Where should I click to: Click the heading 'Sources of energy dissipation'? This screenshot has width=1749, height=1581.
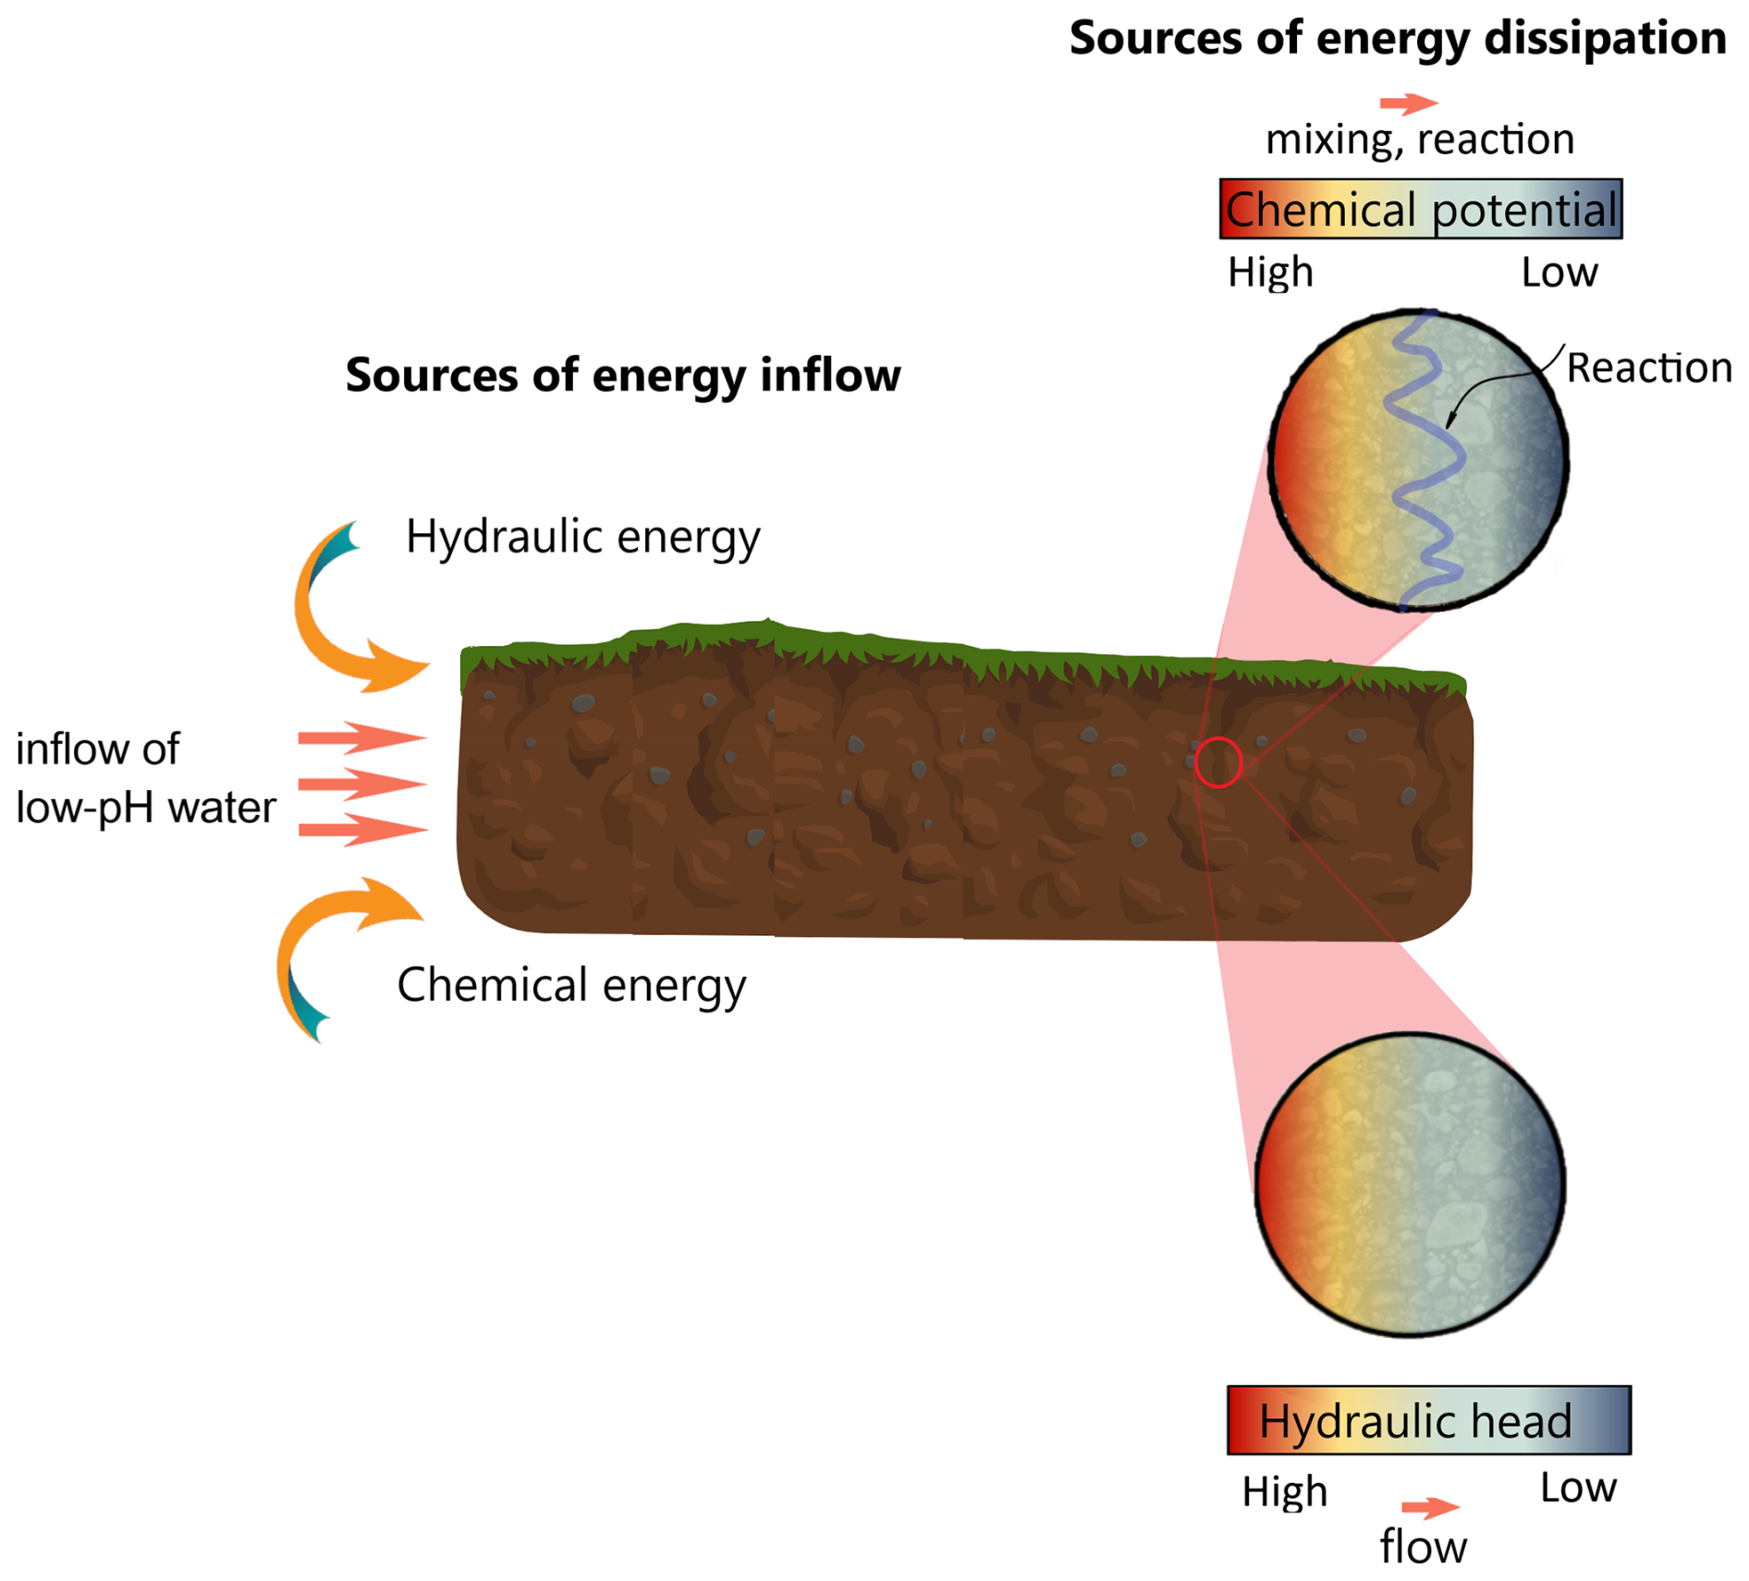1396,39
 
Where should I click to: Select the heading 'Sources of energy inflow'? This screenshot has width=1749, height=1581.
622,375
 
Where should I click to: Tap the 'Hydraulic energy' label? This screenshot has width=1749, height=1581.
582,536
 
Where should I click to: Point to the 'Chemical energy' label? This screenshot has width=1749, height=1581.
571,985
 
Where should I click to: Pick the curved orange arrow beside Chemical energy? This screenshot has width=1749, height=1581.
324,943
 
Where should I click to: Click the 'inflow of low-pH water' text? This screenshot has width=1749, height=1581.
145,778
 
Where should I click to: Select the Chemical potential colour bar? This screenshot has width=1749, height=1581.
1420,209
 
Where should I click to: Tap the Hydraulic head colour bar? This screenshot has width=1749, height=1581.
1428,1420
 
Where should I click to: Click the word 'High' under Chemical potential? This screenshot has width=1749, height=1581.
1270,273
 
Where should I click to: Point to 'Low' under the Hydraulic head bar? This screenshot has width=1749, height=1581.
1577,1488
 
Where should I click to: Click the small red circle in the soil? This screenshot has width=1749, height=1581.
1217,762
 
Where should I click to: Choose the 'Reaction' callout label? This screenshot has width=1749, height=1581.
1648,368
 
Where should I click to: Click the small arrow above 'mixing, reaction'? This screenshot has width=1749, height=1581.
1408,103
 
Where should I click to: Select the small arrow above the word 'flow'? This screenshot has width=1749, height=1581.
1429,1508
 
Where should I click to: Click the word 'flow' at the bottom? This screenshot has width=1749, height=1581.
1423,1547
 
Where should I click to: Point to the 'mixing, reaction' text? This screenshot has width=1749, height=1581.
1419,140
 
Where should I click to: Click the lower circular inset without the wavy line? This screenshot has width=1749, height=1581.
1410,1185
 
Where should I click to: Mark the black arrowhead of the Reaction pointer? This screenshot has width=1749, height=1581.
1449,421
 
